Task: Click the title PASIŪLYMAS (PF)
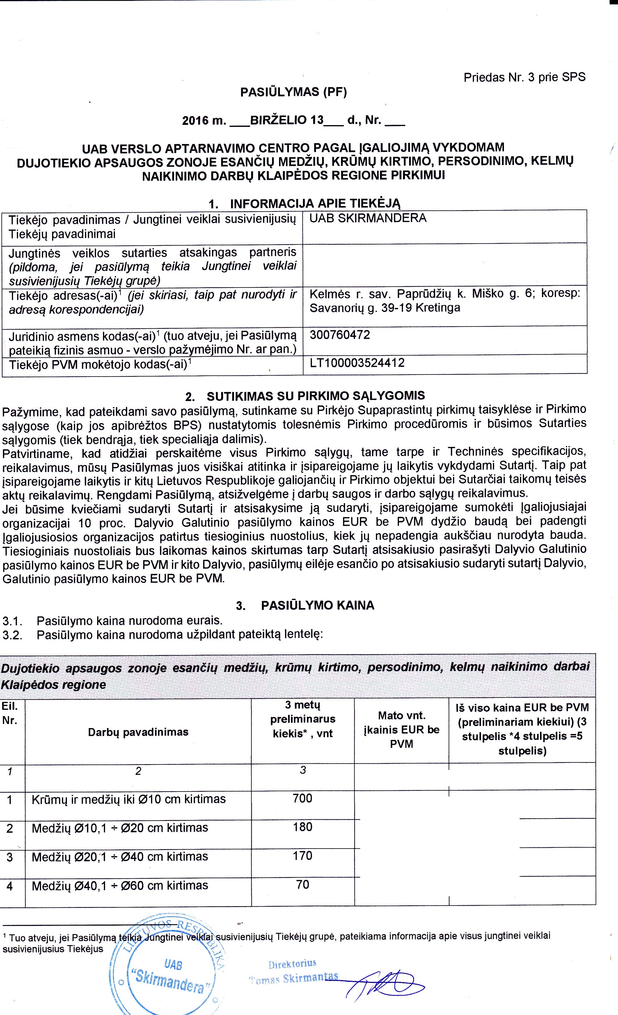[x=293, y=92]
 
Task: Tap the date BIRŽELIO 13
[x=287, y=120]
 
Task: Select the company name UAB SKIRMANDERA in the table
[x=368, y=218]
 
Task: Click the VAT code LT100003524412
[x=357, y=363]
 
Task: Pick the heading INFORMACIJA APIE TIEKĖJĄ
[x=315, y=203]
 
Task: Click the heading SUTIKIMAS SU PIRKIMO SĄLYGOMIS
[x=316, y=396]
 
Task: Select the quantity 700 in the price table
[x=302, y=798]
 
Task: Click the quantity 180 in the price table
[x=302, y=827]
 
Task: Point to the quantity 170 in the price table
[x=302, y=856]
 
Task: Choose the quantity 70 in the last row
[x=302, y=884]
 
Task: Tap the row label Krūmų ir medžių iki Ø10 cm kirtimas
[x=129, y=799]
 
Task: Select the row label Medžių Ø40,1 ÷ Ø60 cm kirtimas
[x=120, y=885]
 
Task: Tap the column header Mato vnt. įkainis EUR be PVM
[x=401, y=730]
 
